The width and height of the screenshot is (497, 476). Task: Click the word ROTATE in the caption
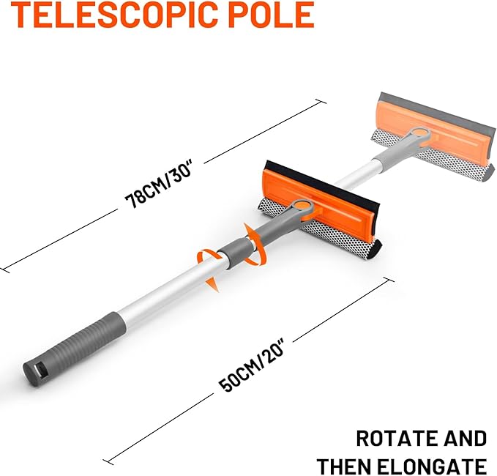click(x=393, y=439)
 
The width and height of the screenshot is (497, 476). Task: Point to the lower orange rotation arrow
click(x=209, y=268)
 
